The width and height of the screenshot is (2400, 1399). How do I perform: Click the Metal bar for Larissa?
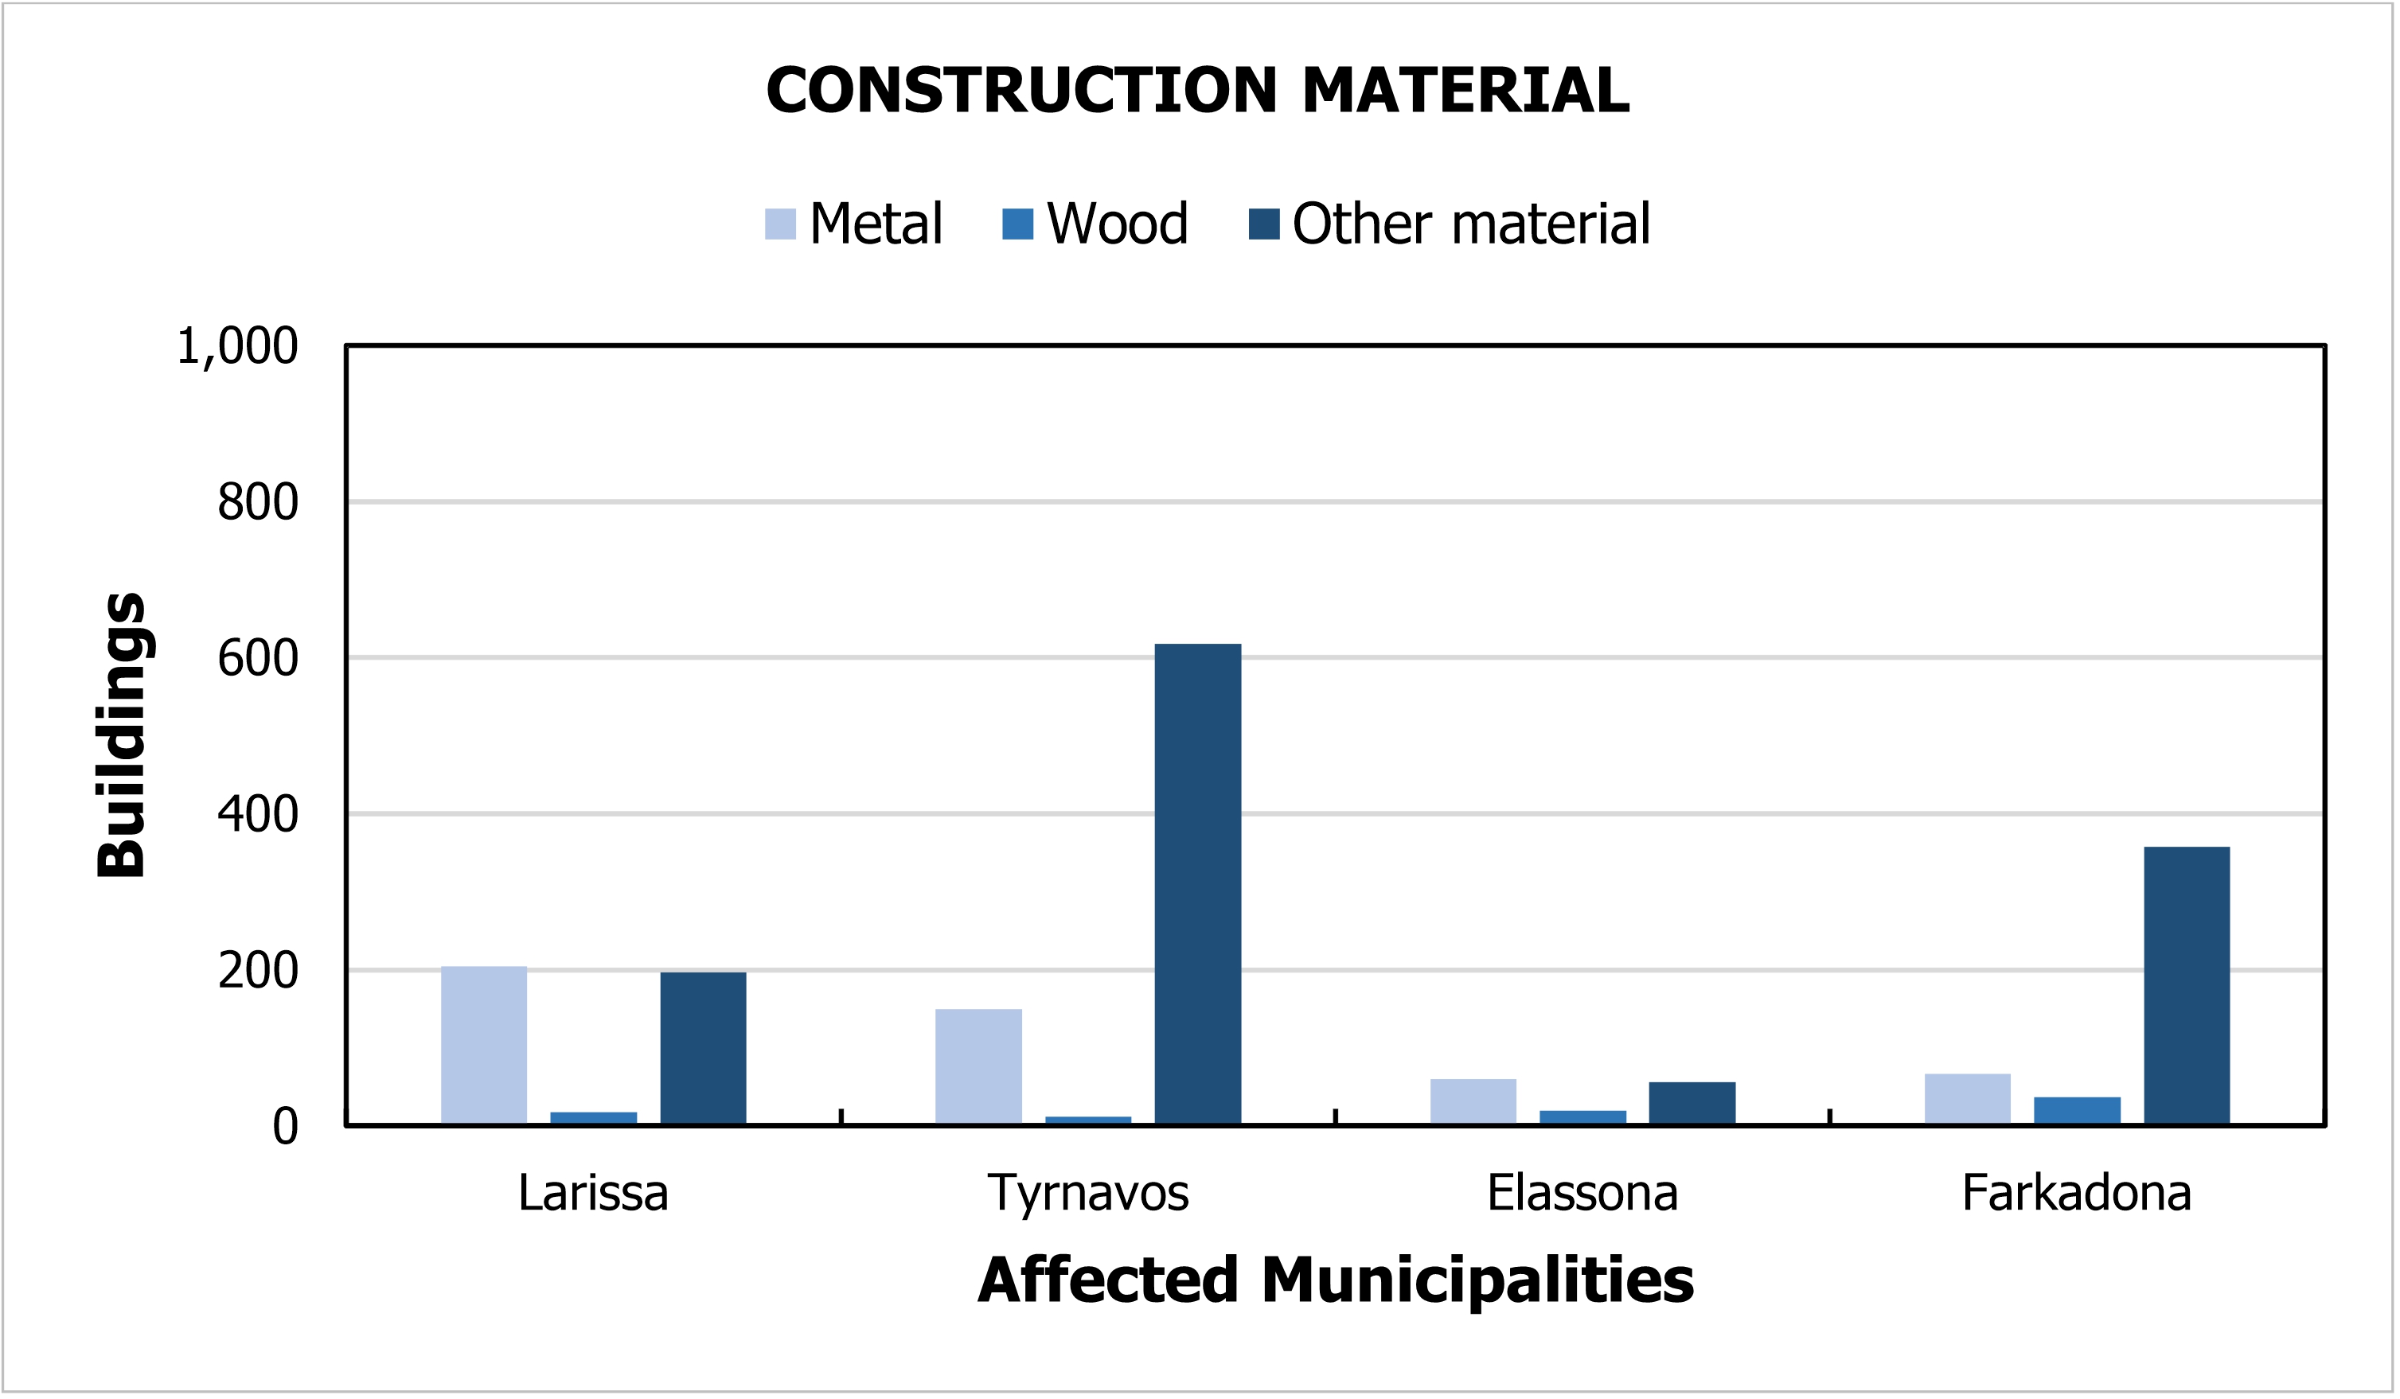pyautogui.click(x=484, y=1046)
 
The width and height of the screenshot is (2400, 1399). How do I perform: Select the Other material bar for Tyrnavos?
pyautogui.click(x=1197, y=885)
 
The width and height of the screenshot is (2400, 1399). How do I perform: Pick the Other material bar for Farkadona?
pyautogui.click(x=2187, y=986)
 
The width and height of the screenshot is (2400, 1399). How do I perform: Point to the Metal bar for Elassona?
pyautogui.click(x=1473, y=1102)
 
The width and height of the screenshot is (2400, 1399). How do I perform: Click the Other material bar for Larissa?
pyautogui.click(x=703, y=1049)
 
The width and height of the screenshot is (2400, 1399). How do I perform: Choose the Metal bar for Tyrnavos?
pyautogui.click(x=978, y=1066)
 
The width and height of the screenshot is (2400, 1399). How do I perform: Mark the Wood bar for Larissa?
pyautogui.click(x=593, y=1118)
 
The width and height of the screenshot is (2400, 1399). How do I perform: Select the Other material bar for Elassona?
pyautogui.click(x=1692, y=1104)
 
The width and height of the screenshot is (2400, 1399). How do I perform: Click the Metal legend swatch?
pyautogui.click(x=780, y=224)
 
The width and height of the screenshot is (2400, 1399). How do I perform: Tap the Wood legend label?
pyautogui.click(x=1117, y=224)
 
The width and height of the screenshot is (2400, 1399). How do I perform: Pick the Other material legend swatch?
pyautogui.click(x=1264, y=224)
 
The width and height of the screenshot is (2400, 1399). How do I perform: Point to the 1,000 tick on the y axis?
pyautogui.click(x=237, y=345)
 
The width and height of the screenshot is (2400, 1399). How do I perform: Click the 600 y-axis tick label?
pyautogui.click(x=257, y=659)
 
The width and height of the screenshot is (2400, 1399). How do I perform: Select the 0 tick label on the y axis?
pyautogui.click(x=285, y=1128)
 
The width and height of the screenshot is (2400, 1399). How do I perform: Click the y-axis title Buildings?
pyautogui.click(x=122, y=735)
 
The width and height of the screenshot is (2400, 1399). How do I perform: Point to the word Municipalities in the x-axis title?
pyautogui.click(x=1477, y=1281)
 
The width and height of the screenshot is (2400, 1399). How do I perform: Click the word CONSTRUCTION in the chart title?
pyautogui.click(x=1021, y=92)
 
